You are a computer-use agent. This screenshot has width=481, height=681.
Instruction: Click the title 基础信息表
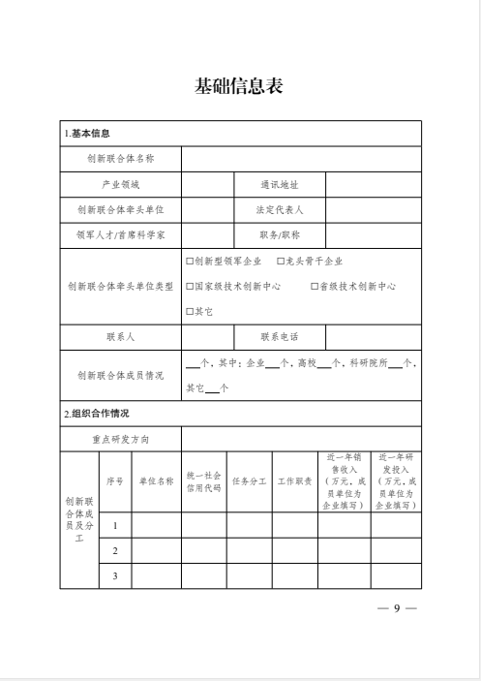pos(239,87)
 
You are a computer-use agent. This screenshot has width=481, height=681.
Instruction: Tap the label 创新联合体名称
pos(121,157)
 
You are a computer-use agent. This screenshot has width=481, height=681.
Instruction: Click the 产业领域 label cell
pos(121,183)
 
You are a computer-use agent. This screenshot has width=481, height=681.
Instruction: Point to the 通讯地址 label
pos(280,183)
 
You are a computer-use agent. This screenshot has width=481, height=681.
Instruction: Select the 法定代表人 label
pos(280,208)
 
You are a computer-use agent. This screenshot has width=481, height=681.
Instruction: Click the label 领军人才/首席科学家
pos(121,234)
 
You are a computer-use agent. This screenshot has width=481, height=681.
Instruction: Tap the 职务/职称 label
pos(280,234)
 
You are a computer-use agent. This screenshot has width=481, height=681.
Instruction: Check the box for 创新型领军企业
pos(190,261)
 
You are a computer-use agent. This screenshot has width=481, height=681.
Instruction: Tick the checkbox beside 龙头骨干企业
pos(280,261)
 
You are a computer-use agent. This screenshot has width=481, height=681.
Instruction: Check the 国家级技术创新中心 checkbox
pos(190,286)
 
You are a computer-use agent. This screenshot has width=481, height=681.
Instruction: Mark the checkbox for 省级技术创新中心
pos(315,286)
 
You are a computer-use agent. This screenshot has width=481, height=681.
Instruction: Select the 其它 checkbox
pos(190,312)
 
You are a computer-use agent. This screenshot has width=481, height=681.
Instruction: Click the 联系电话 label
pos(280,337)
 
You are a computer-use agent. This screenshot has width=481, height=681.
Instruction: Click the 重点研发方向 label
pos(121,439)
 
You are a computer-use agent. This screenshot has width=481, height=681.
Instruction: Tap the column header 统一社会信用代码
pos(204,481)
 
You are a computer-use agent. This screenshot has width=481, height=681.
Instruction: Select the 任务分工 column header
pos(249,481)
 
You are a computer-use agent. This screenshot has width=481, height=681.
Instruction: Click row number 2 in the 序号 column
pos(115,551)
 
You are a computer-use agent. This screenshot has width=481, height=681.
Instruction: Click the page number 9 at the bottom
pos(396,607)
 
